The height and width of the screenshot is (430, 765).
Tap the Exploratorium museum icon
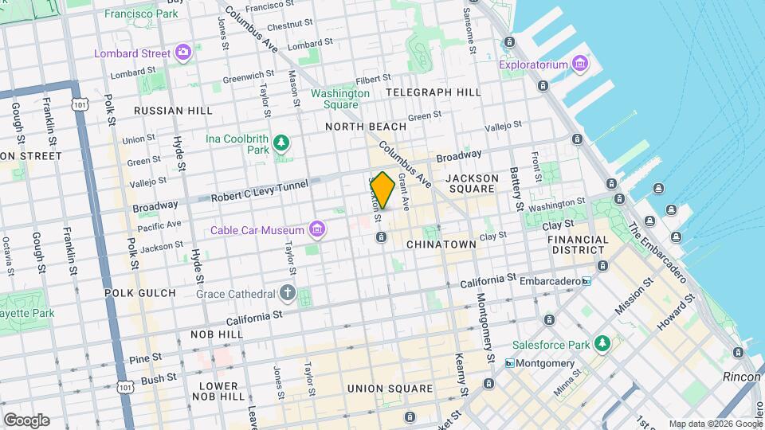coord(579,64)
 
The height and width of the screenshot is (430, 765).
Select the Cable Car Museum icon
coord(317,230)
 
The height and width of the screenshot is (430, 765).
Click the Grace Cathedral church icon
coord(288,294)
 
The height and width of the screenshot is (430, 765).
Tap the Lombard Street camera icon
coord(183,53)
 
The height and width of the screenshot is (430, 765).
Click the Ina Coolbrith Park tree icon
coord(280,143)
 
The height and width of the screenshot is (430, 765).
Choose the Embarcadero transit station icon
coord(586,281)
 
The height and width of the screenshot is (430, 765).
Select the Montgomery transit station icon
coord(509,363)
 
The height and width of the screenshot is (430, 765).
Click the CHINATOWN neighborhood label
coord(441,244)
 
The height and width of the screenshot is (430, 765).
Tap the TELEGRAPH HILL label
coord(433,92)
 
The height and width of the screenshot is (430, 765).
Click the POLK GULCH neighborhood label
coord(139,293)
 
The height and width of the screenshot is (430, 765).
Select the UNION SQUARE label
coord(390,389)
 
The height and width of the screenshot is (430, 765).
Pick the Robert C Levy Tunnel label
coord(258,193)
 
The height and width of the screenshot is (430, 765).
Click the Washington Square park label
coord(340,99)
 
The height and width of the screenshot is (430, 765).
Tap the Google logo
coord(26,420)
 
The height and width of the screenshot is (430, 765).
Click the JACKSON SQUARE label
coord(472,183)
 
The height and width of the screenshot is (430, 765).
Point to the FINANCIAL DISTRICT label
coord(578,244)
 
